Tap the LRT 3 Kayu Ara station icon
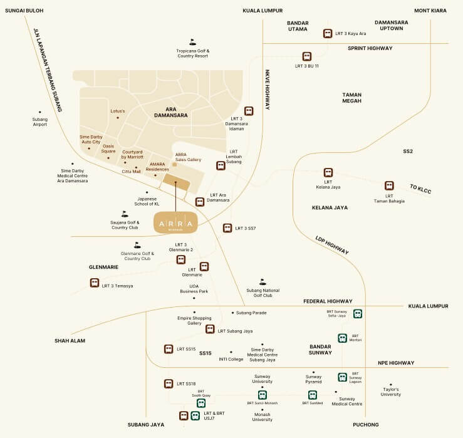(327, 33)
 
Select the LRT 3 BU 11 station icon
(307, 56)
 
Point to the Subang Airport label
(40, 122)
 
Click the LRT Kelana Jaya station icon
(328, 172)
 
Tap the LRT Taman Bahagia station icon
(389, 186)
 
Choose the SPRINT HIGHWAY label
(370, 48)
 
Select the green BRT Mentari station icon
(342, 338)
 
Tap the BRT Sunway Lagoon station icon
(342, 377)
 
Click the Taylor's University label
(391, 392)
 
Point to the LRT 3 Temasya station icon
(95, 283)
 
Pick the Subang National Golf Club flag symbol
(263, 282)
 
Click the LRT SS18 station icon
(169, 383)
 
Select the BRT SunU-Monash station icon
(263, 395)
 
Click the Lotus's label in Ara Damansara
(118, 111)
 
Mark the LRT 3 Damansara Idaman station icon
(249, 111)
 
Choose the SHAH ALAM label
(70, 341)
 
